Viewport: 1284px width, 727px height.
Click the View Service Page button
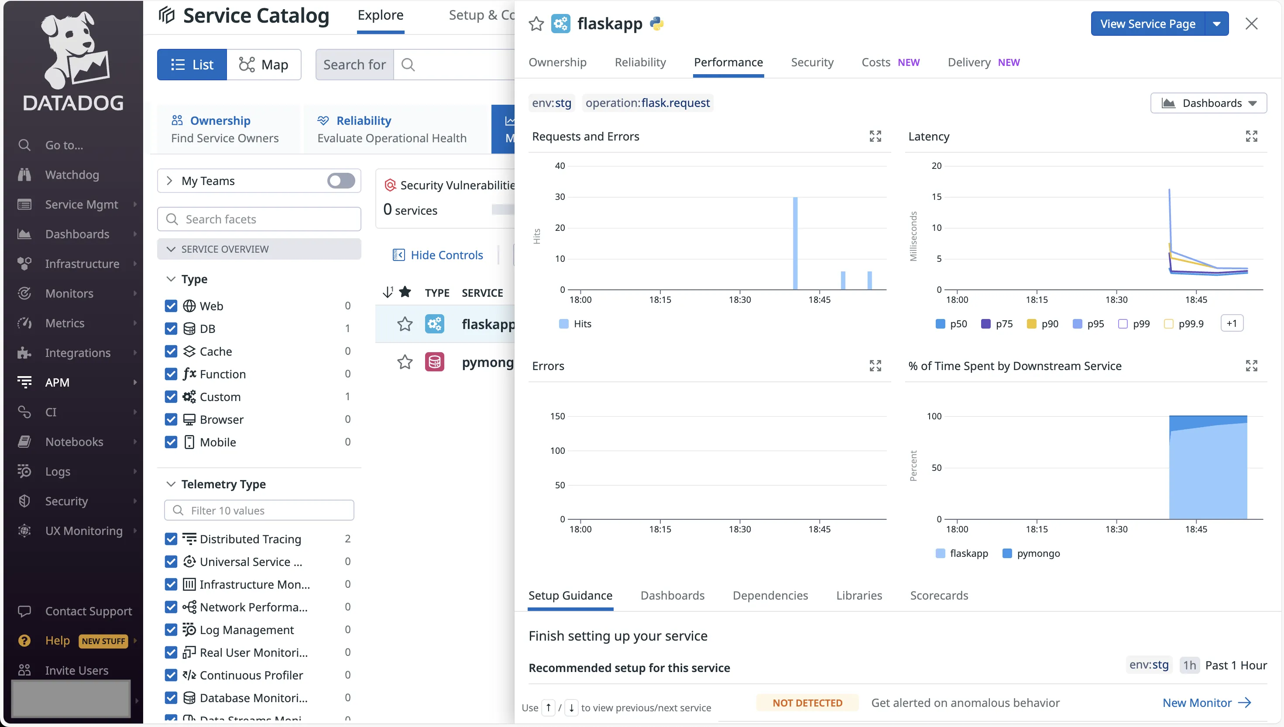pos(1147,24)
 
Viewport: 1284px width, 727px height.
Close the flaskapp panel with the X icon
pos(1251,24)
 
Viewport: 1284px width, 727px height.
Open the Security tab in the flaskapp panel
pos(812,62)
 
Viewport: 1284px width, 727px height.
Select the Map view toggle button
pos(264,65)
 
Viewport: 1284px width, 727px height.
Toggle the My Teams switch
pos(341,181)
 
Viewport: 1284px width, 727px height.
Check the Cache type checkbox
pos(171,352)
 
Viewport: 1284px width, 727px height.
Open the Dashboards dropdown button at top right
pos(1208,103)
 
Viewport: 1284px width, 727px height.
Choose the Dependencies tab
pos(770,595)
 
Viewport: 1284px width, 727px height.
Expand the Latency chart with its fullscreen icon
pos(1251,136)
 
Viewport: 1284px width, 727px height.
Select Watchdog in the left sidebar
pos(72,175)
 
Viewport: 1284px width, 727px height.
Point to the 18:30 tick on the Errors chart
pos(739,528)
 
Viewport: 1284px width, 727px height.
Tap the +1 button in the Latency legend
pos(1232,323)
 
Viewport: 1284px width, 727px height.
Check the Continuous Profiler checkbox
pos(171,675)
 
